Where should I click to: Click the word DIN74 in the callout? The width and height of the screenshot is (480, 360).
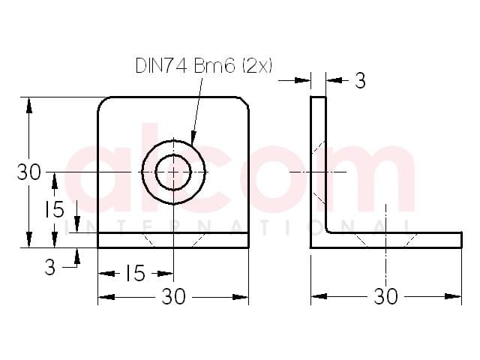161,65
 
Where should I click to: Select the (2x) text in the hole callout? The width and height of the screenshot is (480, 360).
257,65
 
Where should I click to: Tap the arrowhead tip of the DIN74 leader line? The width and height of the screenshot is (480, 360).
192,143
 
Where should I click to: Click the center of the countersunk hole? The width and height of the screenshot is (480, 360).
173,172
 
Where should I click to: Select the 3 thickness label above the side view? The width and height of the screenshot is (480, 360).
360,81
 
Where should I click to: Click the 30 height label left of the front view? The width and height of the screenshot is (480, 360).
28,172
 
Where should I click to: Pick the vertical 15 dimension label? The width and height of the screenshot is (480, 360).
55,209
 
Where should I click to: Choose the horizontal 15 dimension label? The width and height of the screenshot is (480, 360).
135,273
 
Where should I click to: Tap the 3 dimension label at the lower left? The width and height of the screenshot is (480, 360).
50,267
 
